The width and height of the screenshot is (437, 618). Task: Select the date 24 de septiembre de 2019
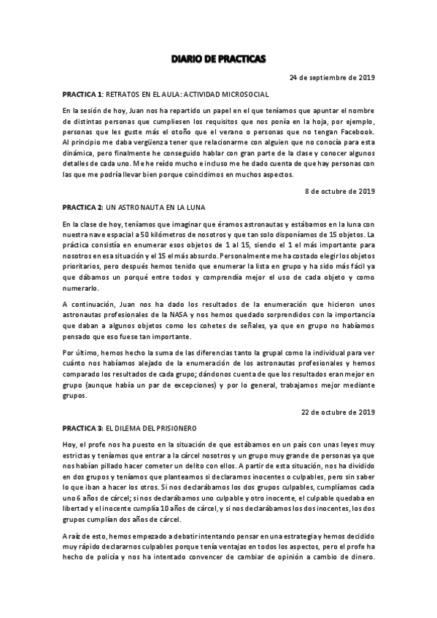pos(332,77)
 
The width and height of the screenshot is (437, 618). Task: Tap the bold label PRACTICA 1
pos(83,95)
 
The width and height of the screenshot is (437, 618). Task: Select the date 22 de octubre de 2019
pos(338,412)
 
